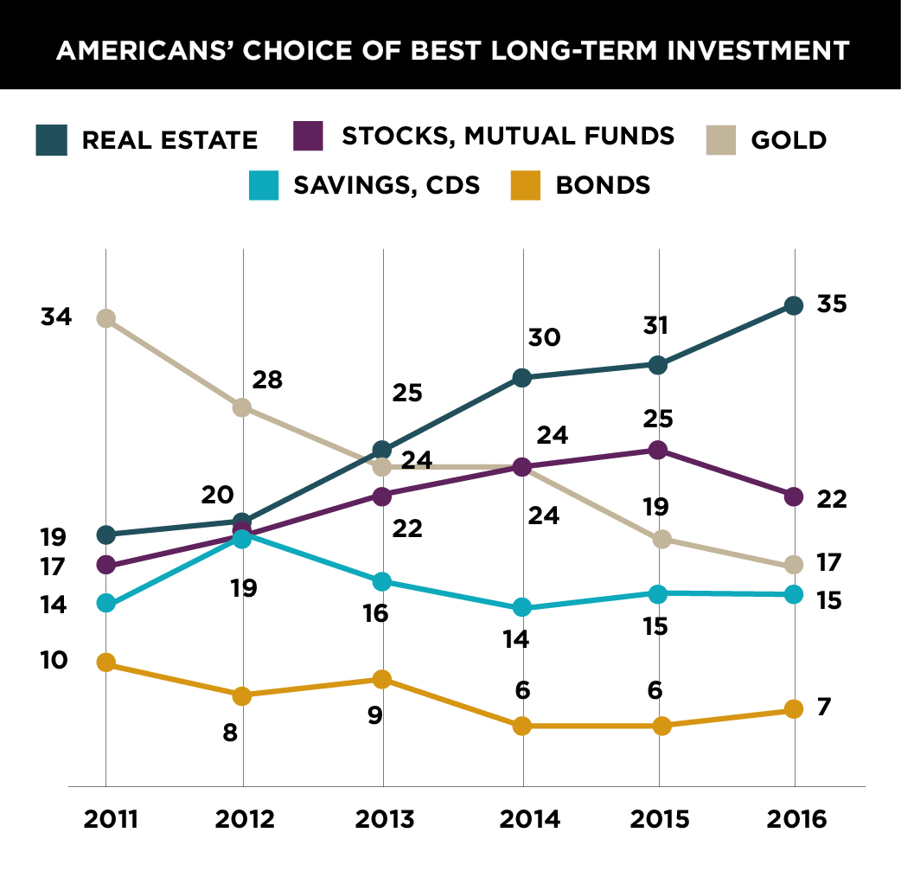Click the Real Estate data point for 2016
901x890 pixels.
(795, 305)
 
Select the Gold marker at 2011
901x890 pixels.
(105, 318)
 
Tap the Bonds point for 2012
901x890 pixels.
(243, 695)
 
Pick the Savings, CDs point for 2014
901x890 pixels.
(521, 608)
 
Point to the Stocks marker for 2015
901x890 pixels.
(658, 450)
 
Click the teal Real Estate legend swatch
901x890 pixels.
(52, 139)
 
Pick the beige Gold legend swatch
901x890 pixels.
(719, 139)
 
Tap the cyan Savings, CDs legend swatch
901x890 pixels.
(264, 184)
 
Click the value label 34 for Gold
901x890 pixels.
(56, 317)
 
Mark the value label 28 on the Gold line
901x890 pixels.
(267, 380)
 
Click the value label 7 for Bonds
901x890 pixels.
(824, 707)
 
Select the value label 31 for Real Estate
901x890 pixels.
(656, 326)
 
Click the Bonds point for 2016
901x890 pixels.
(795, 710)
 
